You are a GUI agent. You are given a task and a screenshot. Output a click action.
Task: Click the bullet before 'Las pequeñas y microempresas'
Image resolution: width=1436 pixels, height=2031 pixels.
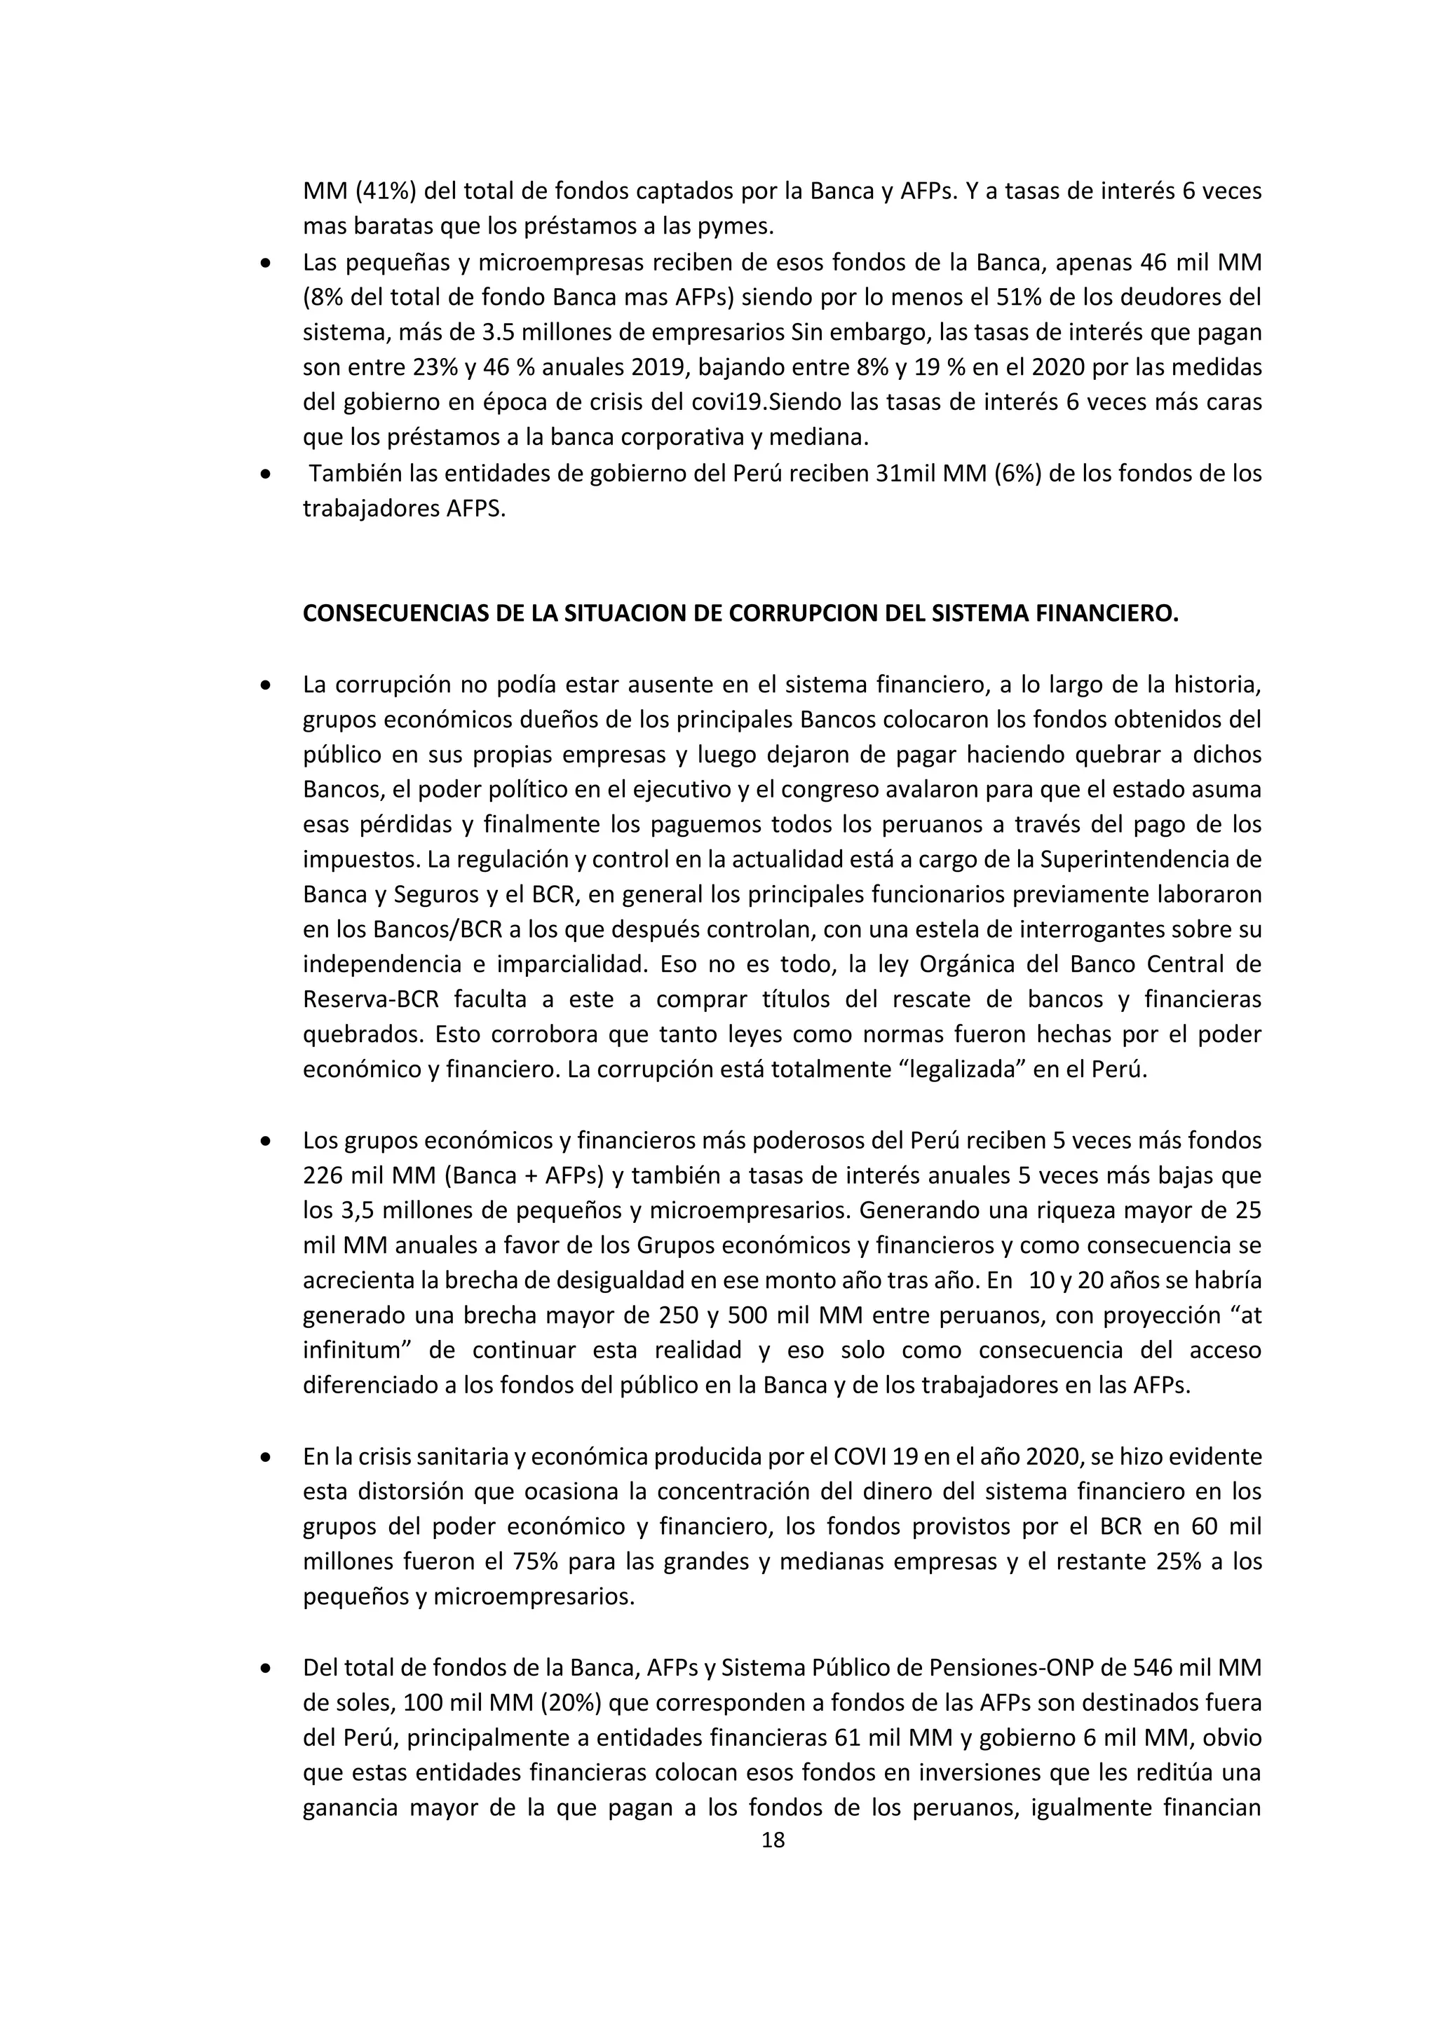(x=266, y=264)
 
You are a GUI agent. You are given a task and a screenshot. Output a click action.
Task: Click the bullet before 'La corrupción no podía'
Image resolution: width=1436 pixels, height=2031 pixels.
(x=266, y=685)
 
